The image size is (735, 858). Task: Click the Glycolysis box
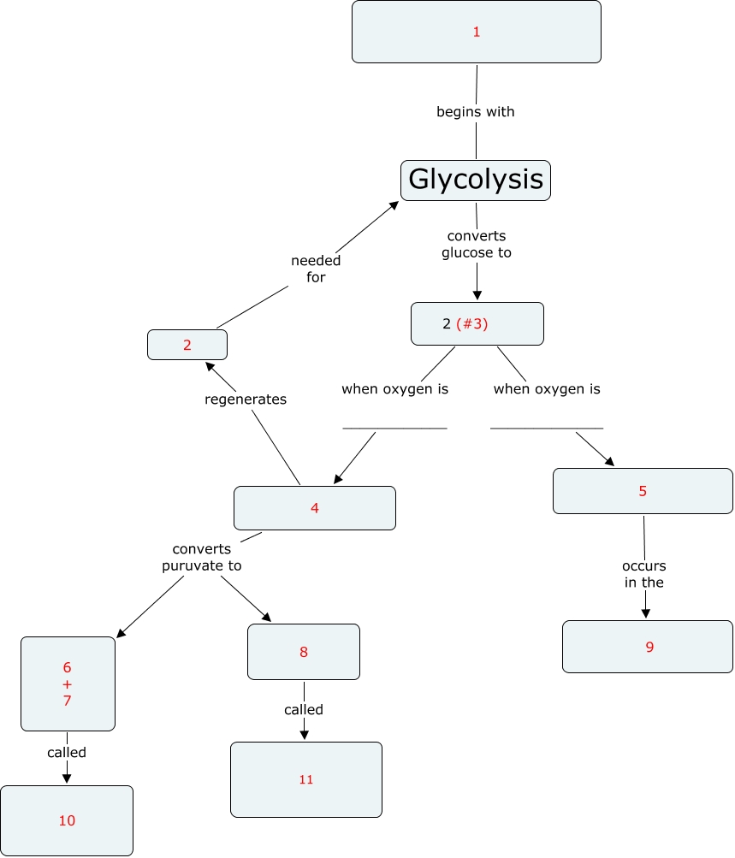point(476,180)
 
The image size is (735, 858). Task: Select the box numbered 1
point(476,32)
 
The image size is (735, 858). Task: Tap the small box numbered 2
point(187,345)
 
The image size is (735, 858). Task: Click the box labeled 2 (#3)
point(477,323)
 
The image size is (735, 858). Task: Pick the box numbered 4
point(315,508)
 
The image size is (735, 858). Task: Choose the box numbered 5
point(643,491)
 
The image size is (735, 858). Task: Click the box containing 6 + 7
point(68,683)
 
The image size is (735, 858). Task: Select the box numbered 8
point(304,652)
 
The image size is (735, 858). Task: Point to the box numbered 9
point(648,646)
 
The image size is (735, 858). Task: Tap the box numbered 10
point(67,820)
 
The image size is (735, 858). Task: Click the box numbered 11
point(306,779)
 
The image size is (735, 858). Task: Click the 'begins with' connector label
point(476,111)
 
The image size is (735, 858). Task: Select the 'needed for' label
point(316,269)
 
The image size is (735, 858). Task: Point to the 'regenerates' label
point(246,399)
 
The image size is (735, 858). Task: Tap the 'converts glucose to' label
point(477,244)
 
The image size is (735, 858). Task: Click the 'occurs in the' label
point(644,574)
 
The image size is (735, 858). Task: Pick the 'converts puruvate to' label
point(202,557)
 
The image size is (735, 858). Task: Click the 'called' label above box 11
point(304,710)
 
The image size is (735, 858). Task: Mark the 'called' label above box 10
point(67,753)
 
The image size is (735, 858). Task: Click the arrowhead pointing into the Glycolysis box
point(394,205)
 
